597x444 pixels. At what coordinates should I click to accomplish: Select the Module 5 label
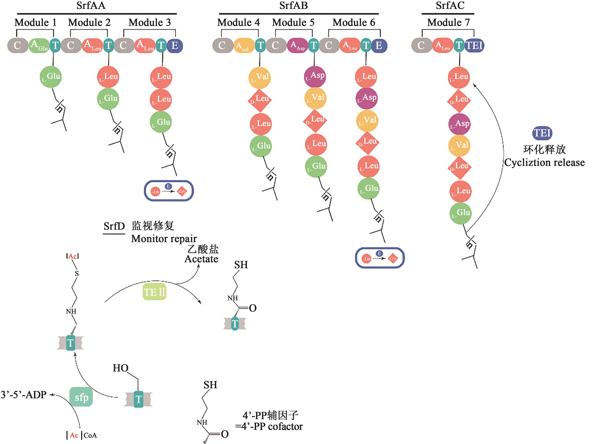(293, 22)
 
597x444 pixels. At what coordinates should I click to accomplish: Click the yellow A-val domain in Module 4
(244, 45)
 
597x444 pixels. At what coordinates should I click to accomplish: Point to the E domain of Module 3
(175, 45)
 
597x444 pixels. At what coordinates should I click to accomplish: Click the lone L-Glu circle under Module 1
(51, 77)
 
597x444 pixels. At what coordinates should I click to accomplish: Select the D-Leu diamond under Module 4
(260, 100)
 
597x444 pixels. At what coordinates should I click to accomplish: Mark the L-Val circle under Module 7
(459, 146)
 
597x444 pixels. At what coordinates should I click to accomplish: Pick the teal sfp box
(81, 397)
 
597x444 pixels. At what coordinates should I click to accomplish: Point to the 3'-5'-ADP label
(24, 395)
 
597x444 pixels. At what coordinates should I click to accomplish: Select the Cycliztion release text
(544, 162)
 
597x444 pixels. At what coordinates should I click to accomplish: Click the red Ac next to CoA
(74, 435)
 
